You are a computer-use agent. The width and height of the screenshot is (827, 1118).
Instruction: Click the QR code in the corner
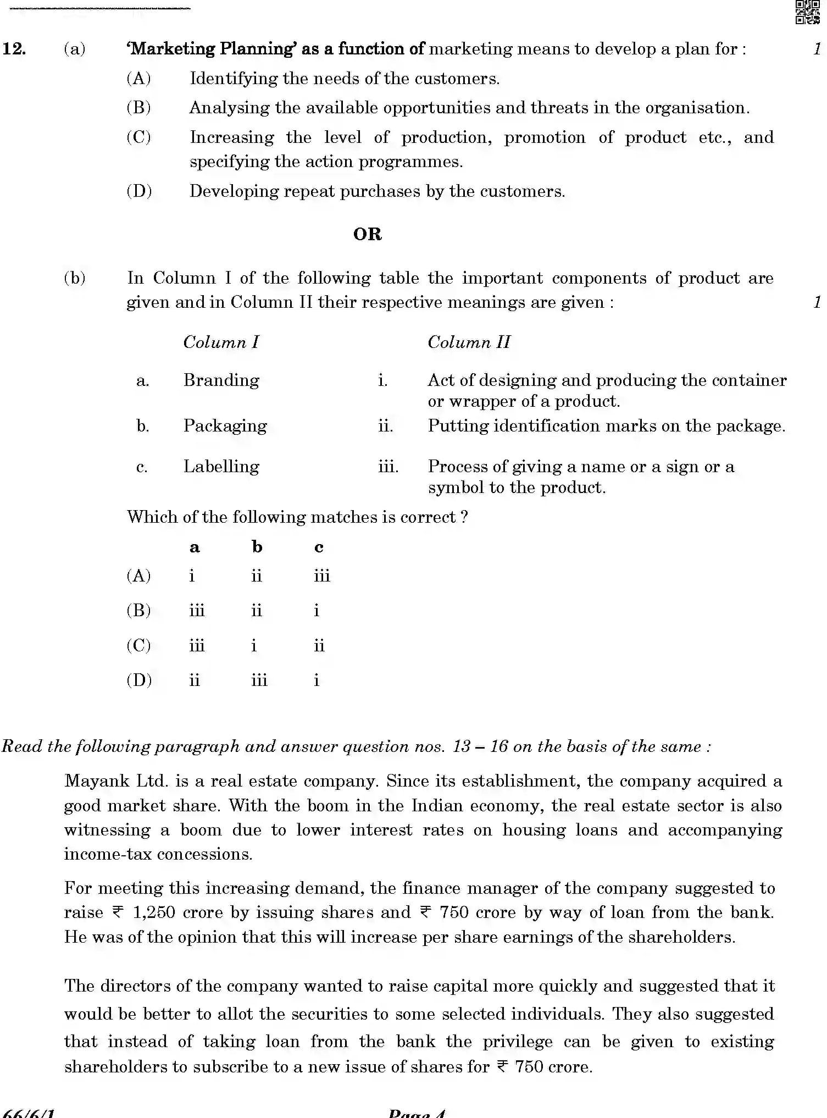click(808, 12)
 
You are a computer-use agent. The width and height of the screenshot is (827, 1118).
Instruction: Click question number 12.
click(14, 49)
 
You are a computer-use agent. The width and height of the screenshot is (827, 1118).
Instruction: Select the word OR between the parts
click(367, 235)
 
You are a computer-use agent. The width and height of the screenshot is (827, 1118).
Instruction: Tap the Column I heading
click(221, 342)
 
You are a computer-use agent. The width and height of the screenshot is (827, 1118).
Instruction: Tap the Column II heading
click(469, 342)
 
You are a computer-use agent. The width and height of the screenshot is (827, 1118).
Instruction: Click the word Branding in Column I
click(221, 380)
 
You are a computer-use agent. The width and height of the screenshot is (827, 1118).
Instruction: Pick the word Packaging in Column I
click(225, 426)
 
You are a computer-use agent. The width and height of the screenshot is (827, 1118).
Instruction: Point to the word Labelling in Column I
click(221, 467)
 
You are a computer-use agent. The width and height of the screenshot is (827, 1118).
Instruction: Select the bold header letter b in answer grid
click(257, 547)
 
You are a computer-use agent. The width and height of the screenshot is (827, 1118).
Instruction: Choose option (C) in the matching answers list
click(138, 645)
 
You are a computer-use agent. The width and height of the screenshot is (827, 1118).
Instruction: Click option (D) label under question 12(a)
click(139, 191)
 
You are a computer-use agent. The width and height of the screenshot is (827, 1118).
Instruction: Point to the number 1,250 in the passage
click(154, 912)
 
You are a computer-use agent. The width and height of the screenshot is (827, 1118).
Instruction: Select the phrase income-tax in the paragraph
click(108, 854)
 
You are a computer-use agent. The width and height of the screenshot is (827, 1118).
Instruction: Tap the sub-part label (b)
click(75, 278)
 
